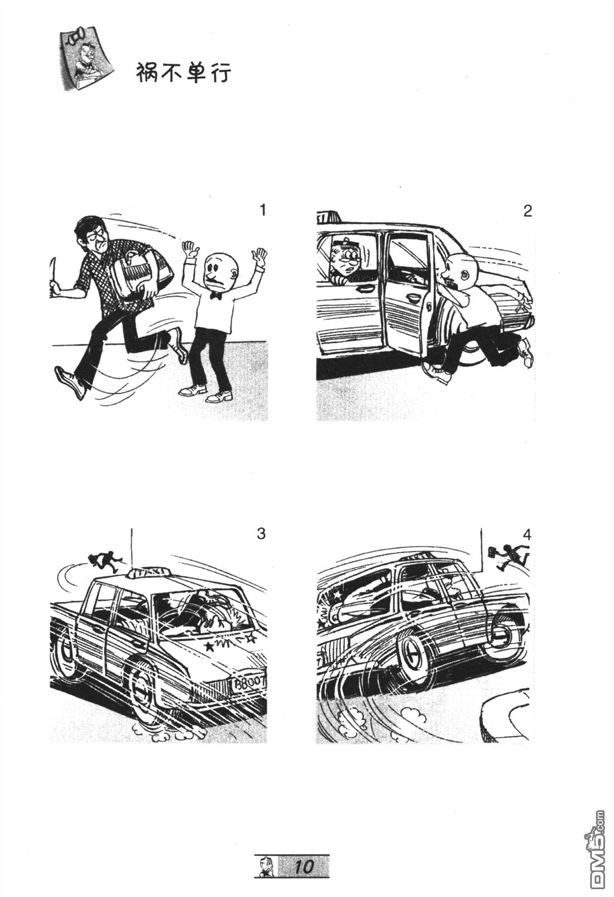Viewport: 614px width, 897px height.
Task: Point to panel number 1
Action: (263, 210)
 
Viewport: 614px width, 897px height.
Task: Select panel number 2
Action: (528, 211)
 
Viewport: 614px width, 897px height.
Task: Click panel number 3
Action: (261, 534)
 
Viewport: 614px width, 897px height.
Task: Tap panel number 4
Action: (527, 535)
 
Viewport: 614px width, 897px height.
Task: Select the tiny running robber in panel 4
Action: (506, 555)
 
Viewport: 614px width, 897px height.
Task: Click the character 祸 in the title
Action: (147, 73)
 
